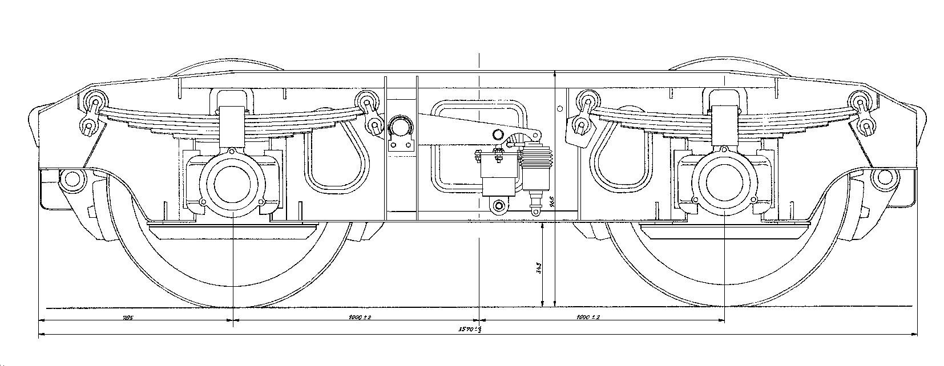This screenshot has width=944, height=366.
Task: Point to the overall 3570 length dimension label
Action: (470, 329)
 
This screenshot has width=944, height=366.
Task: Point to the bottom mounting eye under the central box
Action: (500, 205)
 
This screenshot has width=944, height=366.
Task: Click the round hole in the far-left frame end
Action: (71, 178)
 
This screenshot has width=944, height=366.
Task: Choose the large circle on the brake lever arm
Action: (498, 135)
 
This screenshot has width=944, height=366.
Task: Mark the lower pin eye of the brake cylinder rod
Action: (536, 212)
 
